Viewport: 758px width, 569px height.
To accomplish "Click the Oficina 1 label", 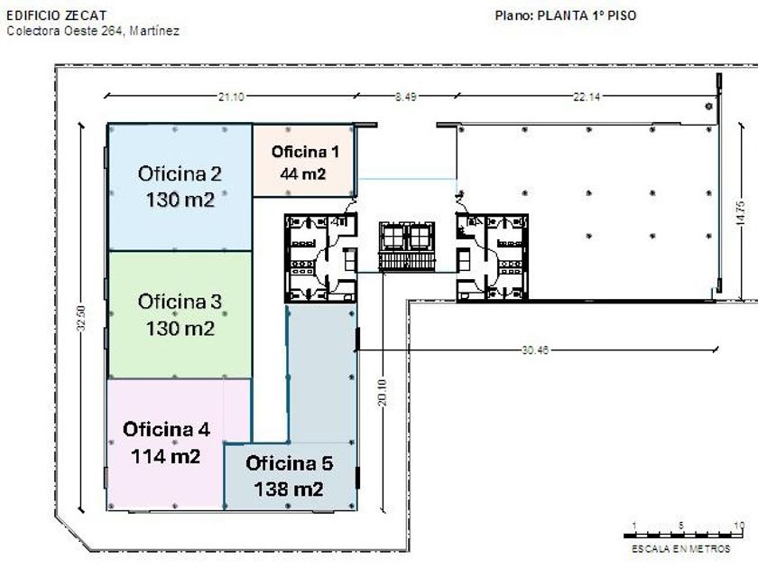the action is tap(305, 152).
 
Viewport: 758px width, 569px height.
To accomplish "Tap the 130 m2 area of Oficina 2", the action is tap(180, 200).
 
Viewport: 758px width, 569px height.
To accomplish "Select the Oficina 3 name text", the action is tap(180, 302).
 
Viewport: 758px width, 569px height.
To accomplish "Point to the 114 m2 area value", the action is tap(166, 456).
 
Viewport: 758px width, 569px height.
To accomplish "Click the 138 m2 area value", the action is tap(289, 490).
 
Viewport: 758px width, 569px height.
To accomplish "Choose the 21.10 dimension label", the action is tap(231, 97).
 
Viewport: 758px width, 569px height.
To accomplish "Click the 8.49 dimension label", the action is tap(405, 97).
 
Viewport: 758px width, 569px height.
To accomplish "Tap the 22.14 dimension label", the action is tap(587, 97).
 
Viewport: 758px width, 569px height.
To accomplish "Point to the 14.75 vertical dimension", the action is tap(740, 213).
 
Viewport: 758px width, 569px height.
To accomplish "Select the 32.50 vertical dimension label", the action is tap(80, 318).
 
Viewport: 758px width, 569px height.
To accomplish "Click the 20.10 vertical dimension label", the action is tap(383, 392).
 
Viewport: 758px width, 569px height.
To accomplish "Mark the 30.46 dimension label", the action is tap(535, 350).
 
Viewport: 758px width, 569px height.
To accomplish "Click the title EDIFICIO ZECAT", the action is tap(56, 15).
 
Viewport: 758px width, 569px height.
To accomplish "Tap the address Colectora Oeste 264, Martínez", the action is tap(93, 31).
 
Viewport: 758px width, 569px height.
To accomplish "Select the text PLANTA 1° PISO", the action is tap(587, 15).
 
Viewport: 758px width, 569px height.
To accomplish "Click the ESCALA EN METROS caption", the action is tap(680, 549).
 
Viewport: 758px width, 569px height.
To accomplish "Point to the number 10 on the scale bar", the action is tap(739, 526).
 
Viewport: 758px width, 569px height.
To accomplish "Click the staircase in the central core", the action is tap(407, 262).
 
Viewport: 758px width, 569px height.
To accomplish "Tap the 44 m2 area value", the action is tap(303, 173).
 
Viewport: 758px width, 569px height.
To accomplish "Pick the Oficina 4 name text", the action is tap(166, 429).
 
